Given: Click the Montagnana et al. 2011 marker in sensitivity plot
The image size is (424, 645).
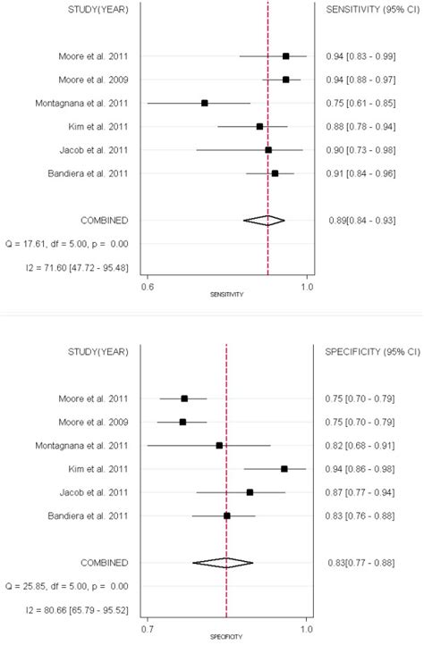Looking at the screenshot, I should tap(205, 103).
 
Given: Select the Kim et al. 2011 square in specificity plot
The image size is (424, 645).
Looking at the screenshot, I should tap(284, 468).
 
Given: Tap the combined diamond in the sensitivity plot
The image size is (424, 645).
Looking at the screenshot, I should tap(264, 220).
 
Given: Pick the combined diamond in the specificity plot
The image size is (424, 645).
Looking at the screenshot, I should tap(223, 562).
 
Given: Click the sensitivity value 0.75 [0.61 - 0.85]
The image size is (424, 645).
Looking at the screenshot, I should tap(361, 103).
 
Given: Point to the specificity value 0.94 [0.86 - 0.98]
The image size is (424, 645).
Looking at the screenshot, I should tap(361, 468).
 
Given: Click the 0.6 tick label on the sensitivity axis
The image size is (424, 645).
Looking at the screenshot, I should tap(148, 287).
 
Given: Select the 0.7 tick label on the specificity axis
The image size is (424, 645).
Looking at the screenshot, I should tap(148, 629).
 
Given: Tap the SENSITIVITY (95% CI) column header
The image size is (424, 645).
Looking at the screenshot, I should tap(361, 10).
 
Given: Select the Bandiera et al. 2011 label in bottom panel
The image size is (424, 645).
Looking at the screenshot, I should tap(91, 515).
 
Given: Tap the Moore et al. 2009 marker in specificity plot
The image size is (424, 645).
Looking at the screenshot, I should tap(182, 422).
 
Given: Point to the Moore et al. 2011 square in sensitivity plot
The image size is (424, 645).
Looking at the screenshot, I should tap(285, 56).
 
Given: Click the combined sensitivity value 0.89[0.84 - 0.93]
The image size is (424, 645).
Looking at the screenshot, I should tap(361, 220).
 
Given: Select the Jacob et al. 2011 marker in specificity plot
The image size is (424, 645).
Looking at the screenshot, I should tap(250, 492).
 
